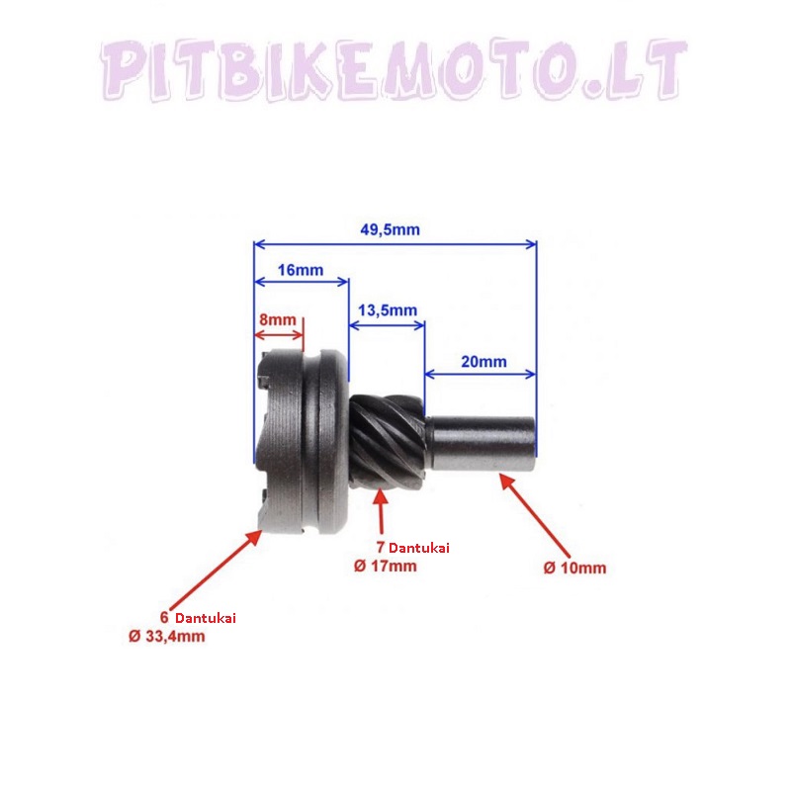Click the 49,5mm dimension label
pos(390,230)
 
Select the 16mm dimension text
pos(301,270)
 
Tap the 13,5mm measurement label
pos(388,310)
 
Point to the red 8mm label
pos(278,319)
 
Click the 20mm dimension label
pos(483,362)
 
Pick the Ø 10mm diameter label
pos(574,568)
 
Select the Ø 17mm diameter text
pos(386,566)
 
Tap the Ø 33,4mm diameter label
pos(167,636)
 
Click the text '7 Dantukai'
pos(412,548)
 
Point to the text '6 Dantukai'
pos(198,617)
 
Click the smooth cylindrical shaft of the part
pos(481,443)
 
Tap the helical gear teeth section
pos(387,442)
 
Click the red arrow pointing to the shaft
pos(535,513)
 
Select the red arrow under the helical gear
pos(382,511)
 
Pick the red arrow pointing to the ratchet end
pos(216,570)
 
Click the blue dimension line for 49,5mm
pos(395,244)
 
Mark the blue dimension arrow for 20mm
pos(480,374)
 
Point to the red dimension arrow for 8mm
pos(279,335)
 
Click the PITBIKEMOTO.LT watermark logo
pos(394,69)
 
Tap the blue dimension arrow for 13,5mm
pos(387,325)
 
